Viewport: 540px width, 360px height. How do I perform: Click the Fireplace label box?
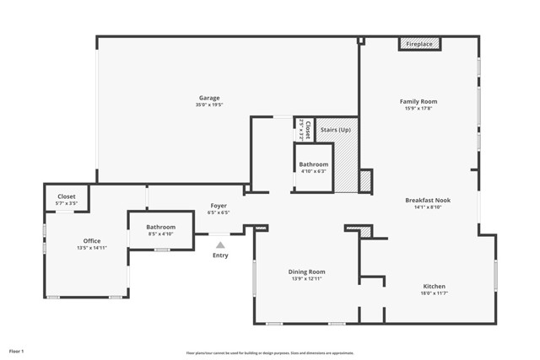(x=419, y=44)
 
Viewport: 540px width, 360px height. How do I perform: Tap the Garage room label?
(x=209, y=98)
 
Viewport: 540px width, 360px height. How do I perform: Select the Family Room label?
(x=418, y=101)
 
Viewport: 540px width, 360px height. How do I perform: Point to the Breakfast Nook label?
(x=428, y=200)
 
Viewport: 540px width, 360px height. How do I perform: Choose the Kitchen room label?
(x=434, y=287)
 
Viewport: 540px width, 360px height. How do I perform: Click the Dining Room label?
(x=306, y=271)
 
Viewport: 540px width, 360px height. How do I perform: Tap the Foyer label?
(x=218, y=206)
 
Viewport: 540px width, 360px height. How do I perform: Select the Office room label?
(x=91, y=241)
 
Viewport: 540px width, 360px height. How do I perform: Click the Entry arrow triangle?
(x=220, y=244)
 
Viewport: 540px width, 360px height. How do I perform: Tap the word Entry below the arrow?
(x=220, y=255)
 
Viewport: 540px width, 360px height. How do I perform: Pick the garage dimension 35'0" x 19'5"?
(x=209, y=105)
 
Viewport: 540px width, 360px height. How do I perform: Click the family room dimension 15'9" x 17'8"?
(x=418, y=109)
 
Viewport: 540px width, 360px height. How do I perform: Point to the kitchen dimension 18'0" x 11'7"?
(x=434, y=294)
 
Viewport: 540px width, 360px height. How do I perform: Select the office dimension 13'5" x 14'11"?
(x=91, y=249)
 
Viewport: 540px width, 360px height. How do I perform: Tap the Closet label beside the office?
(x=66, y=196)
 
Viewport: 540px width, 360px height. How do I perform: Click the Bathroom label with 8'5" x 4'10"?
(x=160, y=227)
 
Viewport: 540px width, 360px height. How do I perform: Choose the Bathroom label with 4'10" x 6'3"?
(x=313, y=164)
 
